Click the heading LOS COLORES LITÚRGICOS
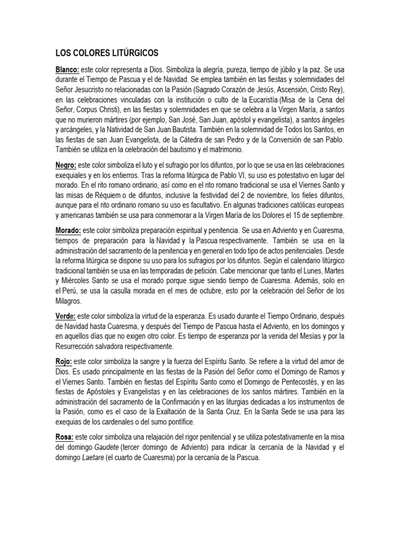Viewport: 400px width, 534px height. click(107, 53)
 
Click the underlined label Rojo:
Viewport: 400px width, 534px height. click(64, 361)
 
